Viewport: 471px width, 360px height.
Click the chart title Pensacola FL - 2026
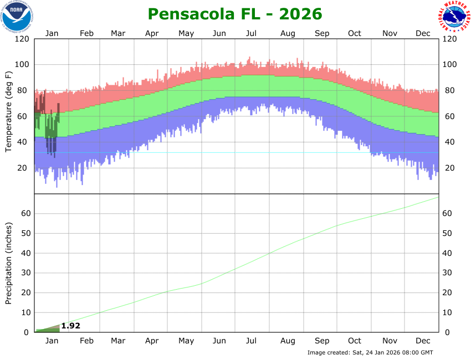click(x=235, y=13)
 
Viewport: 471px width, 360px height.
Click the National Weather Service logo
click(x=454, y=17)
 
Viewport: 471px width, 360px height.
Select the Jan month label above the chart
click(x=52, y=33)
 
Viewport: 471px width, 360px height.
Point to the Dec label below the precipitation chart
click(x=423, y=341)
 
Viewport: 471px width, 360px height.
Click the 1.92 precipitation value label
click(x=70, y=326)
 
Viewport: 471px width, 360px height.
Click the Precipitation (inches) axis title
click(x=8, y=263)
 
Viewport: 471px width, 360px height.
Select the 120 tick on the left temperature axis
click(x=22, y=39)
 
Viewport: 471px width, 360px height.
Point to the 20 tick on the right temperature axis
click(x=449, y=168)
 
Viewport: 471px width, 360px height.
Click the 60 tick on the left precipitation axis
click(x=24, y=214)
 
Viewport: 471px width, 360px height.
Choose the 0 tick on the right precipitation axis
click(x=447, y=332)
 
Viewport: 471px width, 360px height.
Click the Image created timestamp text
click(x=370, y=353)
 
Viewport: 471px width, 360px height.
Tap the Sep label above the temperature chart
click(x=322, y=33)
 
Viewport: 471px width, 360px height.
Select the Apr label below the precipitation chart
click(x=152, y=341)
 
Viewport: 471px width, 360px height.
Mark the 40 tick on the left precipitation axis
click(x=24, y=253)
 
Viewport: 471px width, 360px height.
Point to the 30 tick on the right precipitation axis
click(x=449, y=273)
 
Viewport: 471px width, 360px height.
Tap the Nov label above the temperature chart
click(x=390, y=33)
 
